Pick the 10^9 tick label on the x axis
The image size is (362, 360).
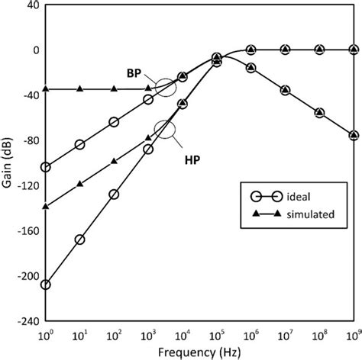point(353,334)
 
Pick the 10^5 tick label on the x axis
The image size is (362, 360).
point(217,334)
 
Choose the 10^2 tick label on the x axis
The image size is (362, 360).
point(114,334)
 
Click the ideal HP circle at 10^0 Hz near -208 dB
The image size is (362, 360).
point(45,284)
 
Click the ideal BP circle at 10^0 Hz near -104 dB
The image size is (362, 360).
point(45,167)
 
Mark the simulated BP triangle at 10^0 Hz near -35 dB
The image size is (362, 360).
point(45,89)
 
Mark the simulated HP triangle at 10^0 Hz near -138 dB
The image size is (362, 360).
point(45,206)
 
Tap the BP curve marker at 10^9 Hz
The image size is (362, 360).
point(354,135)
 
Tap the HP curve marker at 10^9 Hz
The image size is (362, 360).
point(354,50)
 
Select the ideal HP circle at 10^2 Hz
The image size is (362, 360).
point(114,194)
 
